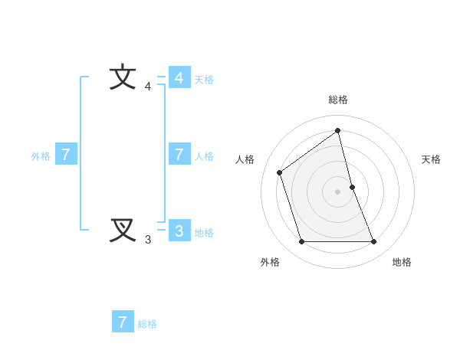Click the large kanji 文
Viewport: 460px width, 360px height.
(x=123, y=78)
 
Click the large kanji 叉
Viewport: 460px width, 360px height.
(x=123, y=230)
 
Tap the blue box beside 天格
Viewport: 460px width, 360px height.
(x=179, y=78)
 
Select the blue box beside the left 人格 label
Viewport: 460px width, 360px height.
(x=179, y=155)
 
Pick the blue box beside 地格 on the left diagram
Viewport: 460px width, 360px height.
(x=179, y=231)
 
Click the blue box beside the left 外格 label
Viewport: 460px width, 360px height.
(x=66, y=155)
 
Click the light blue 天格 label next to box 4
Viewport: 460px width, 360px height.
(x=204, y=79)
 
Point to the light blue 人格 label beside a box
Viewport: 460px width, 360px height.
(x=204, y=155)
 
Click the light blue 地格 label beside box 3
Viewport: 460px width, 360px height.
(x=204, y=233)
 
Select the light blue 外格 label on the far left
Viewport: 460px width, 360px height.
(x=41, y=156)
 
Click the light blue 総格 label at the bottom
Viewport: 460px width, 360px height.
(x=147, y=324)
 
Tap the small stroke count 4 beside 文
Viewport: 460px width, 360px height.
(x=148, y=87)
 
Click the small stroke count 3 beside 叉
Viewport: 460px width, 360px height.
(x=148, y=240)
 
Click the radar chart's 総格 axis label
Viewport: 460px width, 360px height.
(x=338, y=100)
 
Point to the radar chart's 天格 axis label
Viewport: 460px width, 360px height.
(x=431, y=159)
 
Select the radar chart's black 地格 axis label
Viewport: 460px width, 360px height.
(x=402, y=262)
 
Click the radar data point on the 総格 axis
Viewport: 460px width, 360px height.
(x=338, y=130)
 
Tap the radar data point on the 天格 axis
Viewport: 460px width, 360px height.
(x=352, y=186)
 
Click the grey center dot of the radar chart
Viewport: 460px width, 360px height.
(x=338, y=191)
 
